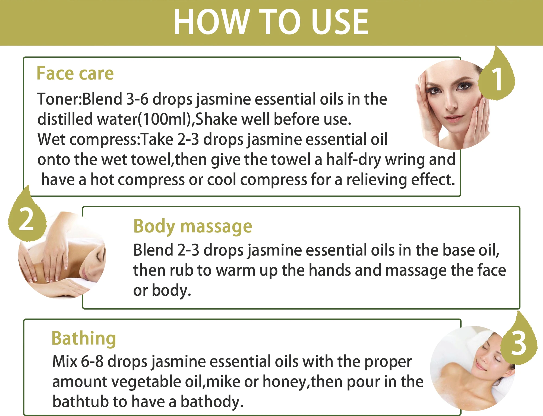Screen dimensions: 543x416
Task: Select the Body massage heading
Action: (x=193, y=226)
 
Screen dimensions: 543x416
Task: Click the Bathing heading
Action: (x=84, y=339)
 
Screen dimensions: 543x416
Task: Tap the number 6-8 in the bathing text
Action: (x=92, y=361)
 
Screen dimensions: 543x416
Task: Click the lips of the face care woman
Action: (x=454, y=118)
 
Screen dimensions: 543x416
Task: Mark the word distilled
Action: (x=65, y=119)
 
